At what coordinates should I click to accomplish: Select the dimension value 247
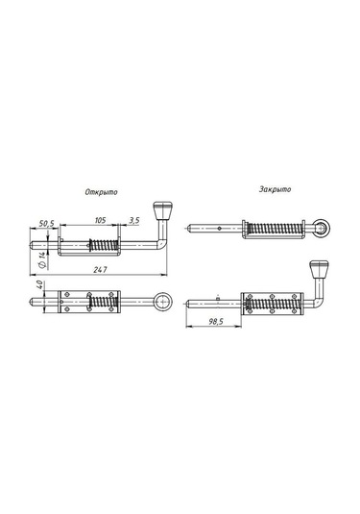[101, 271]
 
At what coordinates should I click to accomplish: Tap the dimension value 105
[99, 220]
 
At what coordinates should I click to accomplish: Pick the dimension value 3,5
[133, 221]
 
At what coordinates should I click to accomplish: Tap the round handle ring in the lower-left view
[166, 302]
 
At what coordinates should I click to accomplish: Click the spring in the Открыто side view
[101, 245]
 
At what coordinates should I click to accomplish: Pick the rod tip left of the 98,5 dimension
[185, 306]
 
